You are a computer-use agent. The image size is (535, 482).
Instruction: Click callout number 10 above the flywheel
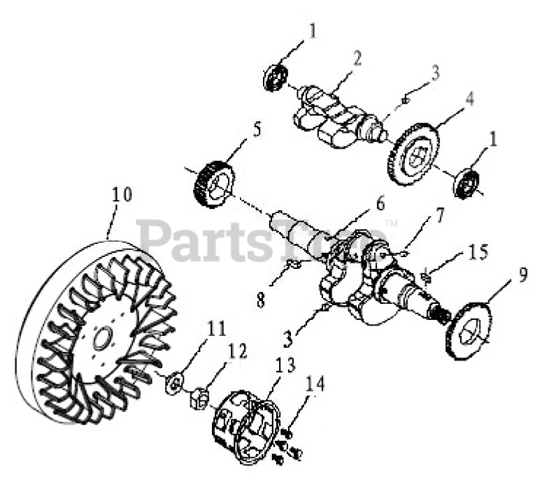click(122, 194)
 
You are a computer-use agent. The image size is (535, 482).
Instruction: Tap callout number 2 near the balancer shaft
click(357, 58)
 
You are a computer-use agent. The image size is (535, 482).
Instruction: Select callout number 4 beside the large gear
click(470, 98)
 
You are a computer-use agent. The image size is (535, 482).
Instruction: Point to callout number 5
click(257, 129)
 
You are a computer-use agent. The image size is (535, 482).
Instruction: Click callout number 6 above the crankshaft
click(380, 203)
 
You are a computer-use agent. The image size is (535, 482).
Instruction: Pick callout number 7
click(440, 215)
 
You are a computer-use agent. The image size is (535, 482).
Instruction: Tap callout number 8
click(261, 300)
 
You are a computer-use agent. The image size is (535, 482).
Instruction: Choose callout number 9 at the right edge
click(522, 275)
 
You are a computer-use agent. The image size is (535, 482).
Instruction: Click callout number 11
click(217, 328)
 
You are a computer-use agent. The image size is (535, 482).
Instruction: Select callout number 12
click(238, 351)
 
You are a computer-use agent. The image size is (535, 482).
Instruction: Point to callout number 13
click(285, 365)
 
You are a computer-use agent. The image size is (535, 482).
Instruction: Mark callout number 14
click(315, 383)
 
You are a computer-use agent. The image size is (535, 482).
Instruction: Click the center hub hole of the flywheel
click(103, 338)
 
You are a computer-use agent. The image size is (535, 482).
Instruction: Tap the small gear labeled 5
click(214, 184)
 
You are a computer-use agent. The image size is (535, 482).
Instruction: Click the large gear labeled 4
click(414, 154)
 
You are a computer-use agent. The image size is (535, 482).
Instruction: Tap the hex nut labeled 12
click(199, 399)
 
